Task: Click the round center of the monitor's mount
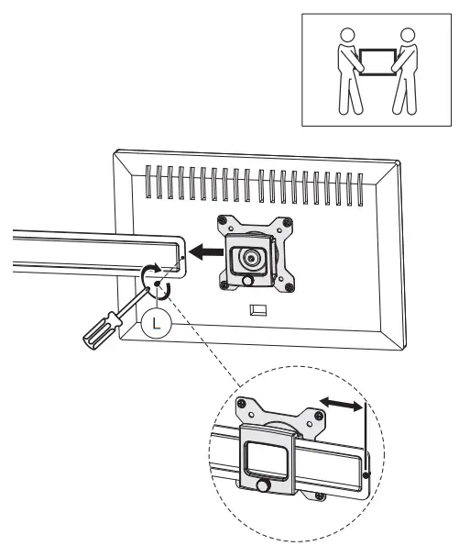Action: coord(249,260)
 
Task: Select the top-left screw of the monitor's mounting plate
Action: coord(224,220)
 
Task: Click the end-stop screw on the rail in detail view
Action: coord(365,474)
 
